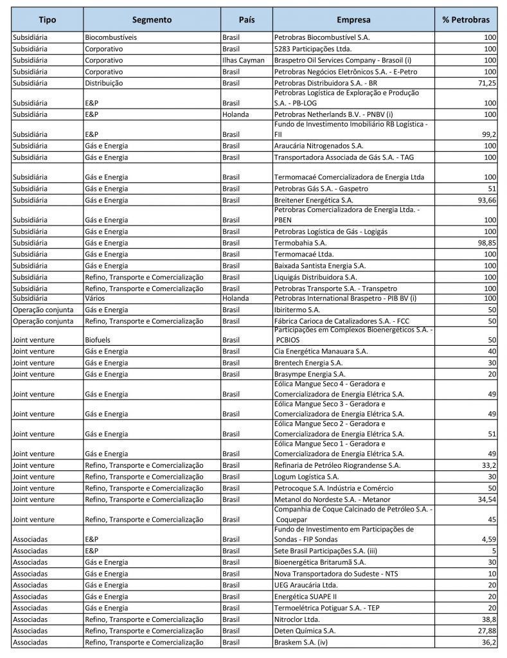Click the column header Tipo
click(47, 20)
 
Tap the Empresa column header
click(353, 20)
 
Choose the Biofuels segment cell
click(98, 339)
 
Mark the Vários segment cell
click(94, 298)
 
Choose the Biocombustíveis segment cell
click(111, 37)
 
